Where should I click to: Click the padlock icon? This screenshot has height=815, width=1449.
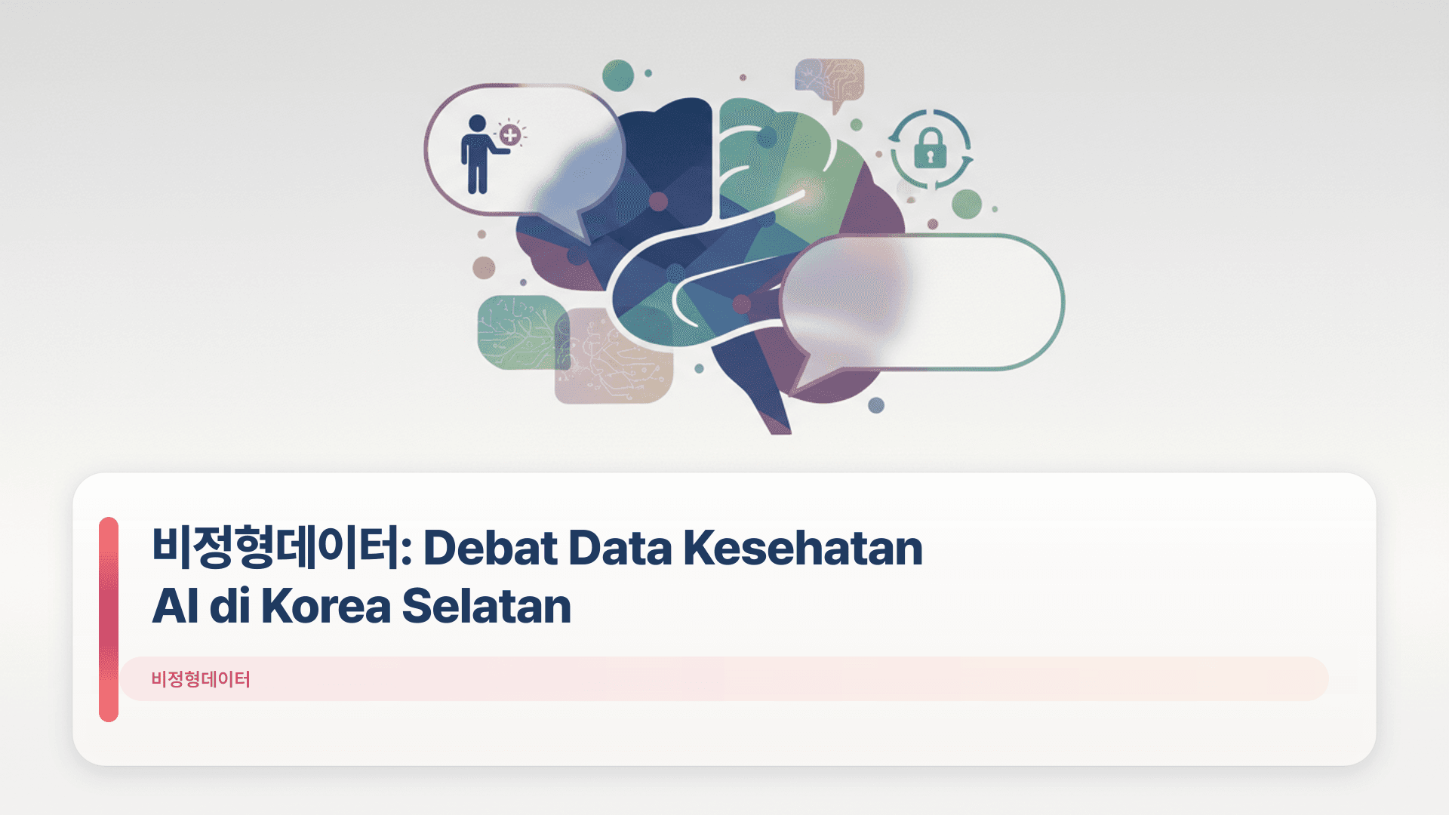click(x=930, y=148)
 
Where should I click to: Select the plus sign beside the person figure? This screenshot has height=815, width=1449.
click(x=511, y=135)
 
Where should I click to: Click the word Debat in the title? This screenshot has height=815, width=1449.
click(x=490, y=548)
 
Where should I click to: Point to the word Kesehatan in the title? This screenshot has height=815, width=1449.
click(x=802, y=548)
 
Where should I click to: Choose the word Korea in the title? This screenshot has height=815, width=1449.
click(x=326, y=606)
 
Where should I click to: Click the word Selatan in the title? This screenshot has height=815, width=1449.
click(x=487, y=606)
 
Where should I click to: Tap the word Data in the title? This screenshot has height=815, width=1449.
click(x=620, y=548)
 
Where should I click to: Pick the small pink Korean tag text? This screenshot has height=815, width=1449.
click(x=201, y=679)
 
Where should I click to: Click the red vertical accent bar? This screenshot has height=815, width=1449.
click(x=109, y=620)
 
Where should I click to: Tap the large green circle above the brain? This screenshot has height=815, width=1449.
click(x=618, y=75)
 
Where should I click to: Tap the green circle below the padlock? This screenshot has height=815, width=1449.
click(x=966, y=204)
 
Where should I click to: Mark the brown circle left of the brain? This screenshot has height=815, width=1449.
click(x=484, y=267)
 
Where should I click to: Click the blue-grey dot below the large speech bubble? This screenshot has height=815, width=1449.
click(x=876, y=405)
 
